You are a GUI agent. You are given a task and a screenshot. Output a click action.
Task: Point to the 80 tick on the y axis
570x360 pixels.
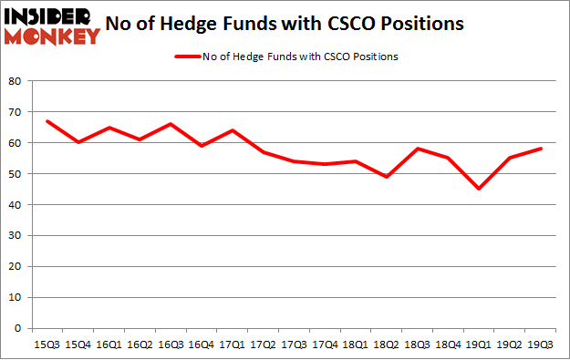[16, 81]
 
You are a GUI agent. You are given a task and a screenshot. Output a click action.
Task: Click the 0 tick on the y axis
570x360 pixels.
[18, 328]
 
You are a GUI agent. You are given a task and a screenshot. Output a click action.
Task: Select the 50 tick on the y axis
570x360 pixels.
[16, 174]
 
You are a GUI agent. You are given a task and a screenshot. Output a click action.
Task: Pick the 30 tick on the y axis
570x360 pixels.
[16, 235]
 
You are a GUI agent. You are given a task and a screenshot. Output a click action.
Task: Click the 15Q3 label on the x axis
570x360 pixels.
[47, 344]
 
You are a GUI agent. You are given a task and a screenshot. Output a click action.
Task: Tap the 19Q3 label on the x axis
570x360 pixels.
[541, 344]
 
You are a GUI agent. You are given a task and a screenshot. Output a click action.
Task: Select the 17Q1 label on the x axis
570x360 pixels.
[233, 344]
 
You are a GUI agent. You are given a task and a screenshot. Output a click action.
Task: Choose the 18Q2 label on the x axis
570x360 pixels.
[387, 344]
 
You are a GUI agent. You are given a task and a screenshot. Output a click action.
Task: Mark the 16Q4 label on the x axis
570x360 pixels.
[202, 344]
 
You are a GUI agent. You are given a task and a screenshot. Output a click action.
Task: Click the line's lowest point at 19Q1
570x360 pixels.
[479, 189]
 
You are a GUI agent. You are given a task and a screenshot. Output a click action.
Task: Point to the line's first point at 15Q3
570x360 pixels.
[47, 121]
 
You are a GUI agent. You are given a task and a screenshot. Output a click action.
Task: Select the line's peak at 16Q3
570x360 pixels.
[171, 124]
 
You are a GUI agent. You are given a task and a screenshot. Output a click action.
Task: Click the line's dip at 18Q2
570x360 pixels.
[387, 177]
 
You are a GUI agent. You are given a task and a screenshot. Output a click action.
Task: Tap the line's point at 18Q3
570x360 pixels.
[418, 149]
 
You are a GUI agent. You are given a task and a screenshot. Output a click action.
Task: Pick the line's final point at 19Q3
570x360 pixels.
[541, 149]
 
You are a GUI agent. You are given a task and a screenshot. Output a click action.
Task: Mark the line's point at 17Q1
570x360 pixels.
[233, 130]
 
